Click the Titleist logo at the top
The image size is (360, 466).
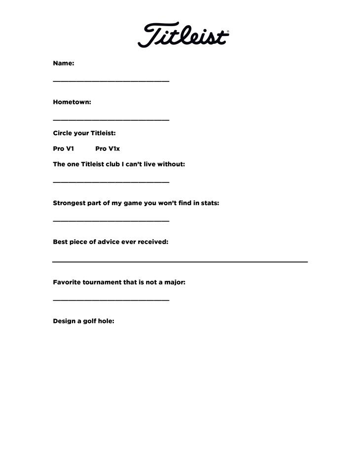tap(183, 35)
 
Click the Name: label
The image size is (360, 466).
tap(64, 63)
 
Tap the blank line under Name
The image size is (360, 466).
tap(111, 80)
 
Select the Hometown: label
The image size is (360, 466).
tap(72, 102)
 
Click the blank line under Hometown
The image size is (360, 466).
tap(111, 119)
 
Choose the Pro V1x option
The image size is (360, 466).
tap(108, 148)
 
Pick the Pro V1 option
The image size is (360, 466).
tap(64, 148)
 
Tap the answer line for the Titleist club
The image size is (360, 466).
tap(111, 182)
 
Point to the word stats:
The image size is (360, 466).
tap(210, 203)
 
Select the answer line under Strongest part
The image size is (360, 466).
tap(111, 220)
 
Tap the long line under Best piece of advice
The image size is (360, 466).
tap(180, 261)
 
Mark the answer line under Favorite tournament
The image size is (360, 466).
tap(111, 300)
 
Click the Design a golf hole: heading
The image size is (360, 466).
tap(84, 321)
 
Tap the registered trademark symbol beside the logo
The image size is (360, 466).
tap(227, 32)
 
